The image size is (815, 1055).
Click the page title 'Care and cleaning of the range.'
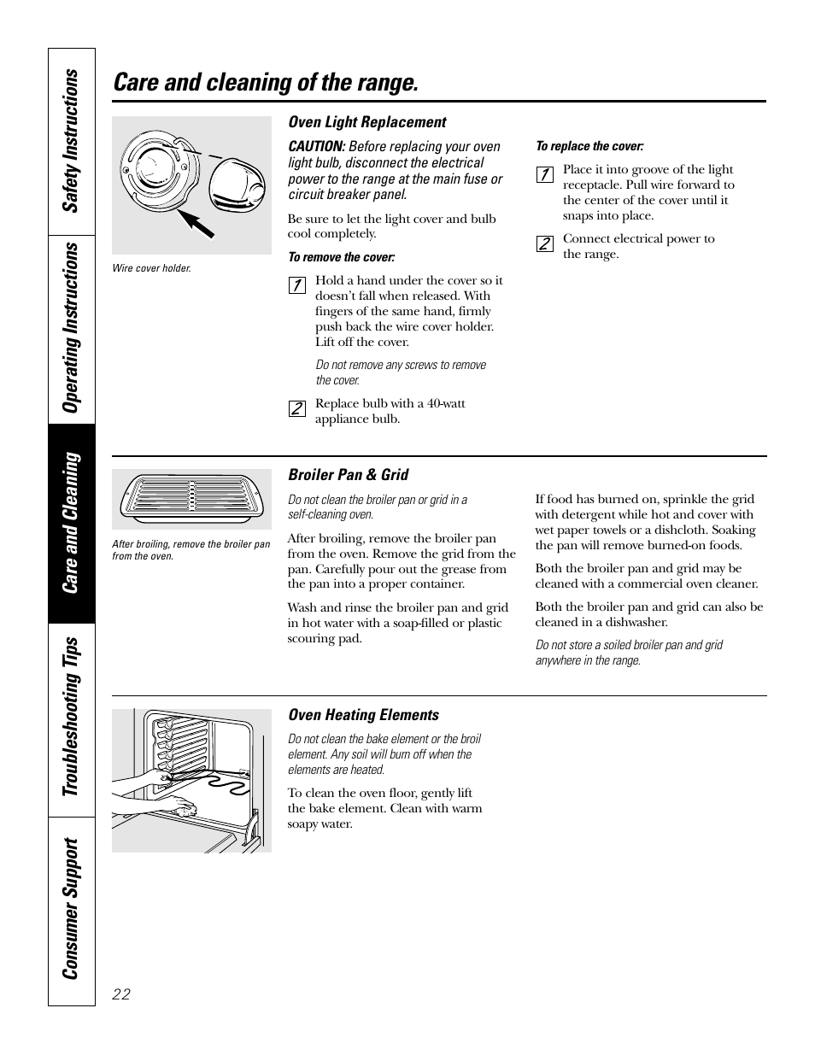click(266, 83)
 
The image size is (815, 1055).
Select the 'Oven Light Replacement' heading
click(366, 122)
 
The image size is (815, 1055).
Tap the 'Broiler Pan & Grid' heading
click(348, 475)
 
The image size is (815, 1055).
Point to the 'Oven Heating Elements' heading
click(363, 715)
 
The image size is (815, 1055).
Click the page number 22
click(120, 993)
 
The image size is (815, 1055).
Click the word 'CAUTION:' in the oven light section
click(316, 147)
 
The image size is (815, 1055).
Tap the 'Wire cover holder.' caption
click(152, 268)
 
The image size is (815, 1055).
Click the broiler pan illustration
click(191, 498)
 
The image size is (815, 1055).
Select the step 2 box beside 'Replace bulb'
click(296, 408)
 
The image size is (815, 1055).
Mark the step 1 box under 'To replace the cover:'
click(543, 174)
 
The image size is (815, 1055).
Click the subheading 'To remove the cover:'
click(341, 257)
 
